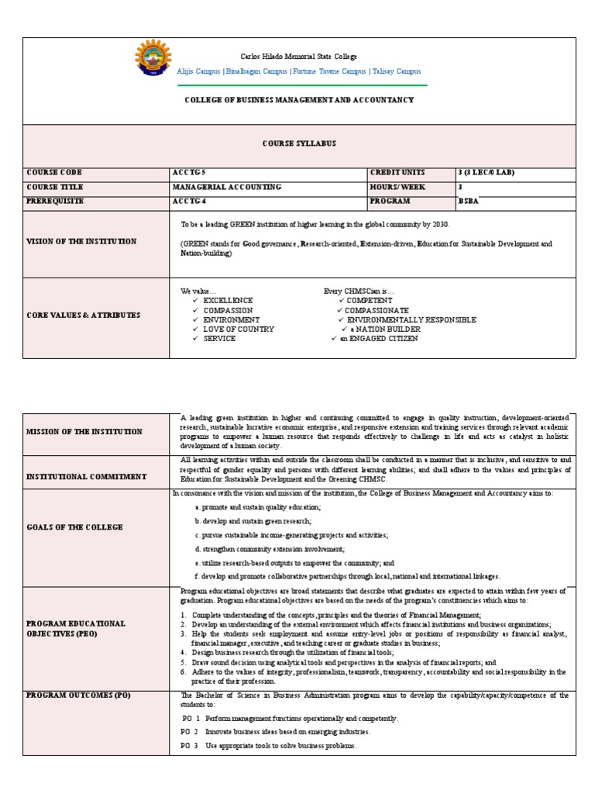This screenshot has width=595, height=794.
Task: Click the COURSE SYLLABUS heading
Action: pos(299,144)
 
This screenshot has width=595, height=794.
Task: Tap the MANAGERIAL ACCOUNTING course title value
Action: pos(226,187)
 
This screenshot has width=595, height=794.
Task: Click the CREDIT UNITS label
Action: pos(399,172)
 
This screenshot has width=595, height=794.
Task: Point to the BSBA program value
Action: pos(469,201)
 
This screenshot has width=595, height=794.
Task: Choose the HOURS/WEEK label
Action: pos(398,187)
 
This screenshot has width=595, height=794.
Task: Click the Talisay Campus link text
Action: pos(397,71)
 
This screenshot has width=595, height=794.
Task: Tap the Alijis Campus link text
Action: pos(198,71)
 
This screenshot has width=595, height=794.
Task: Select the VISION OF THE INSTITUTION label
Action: pos(81,241)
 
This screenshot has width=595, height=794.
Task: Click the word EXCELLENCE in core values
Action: pos(228,300)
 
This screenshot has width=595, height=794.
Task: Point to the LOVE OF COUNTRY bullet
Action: pos(239,329)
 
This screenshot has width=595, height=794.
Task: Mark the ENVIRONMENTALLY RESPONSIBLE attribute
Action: pos(411,319)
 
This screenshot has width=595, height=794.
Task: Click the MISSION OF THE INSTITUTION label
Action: pos(84,432)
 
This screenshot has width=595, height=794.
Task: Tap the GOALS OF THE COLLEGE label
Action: pos(74,527)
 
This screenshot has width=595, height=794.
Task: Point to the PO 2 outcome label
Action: pos(190,731)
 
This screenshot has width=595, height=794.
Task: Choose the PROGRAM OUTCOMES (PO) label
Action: pos(78,696)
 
